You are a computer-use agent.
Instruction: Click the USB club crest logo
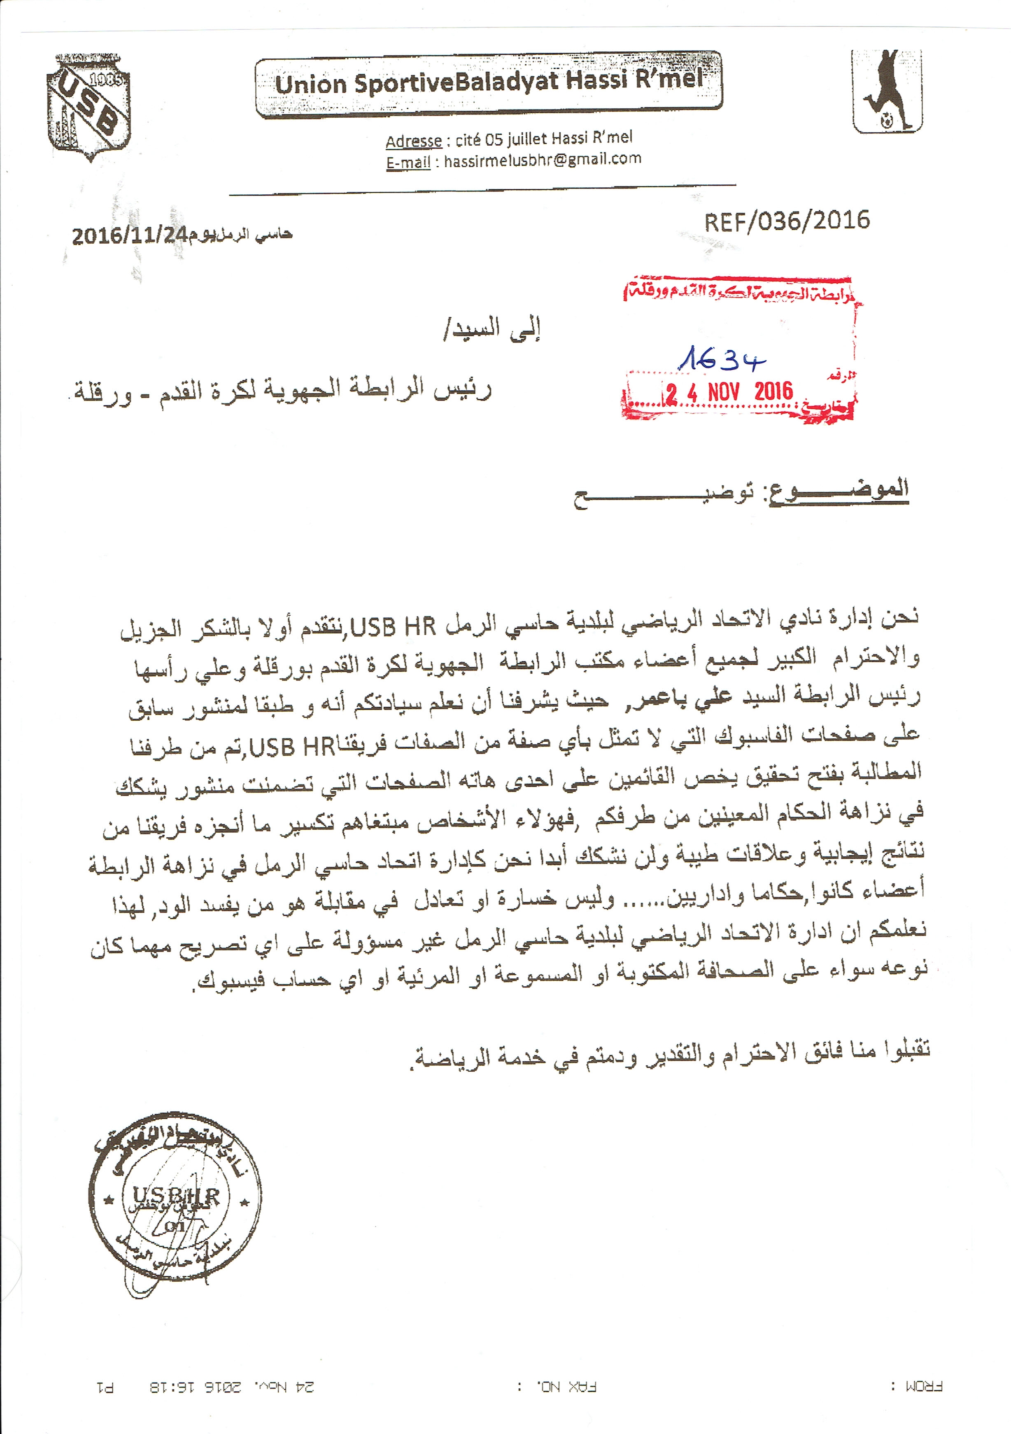point(89,107)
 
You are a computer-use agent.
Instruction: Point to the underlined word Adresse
point(413,142)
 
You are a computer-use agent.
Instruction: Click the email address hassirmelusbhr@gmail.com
point(543,160)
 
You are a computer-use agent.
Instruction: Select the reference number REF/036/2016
point(787,221)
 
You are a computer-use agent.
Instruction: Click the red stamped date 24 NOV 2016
point(729,392)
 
